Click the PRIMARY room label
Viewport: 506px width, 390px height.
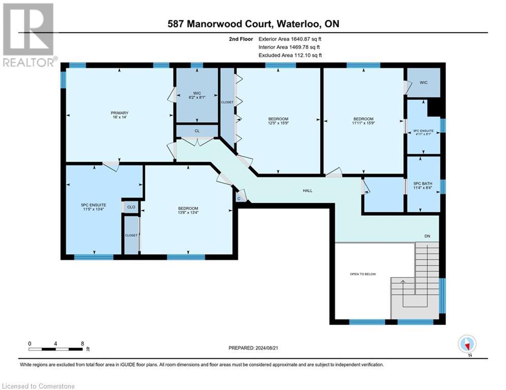point(120,113)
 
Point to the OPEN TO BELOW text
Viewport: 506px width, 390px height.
point(363,274)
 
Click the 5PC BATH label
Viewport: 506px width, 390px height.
point(423,183)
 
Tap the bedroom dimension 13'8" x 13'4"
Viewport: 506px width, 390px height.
point(188,214)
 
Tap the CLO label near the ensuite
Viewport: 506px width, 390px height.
point(131,207)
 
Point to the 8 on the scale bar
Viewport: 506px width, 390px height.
point(82,343)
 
